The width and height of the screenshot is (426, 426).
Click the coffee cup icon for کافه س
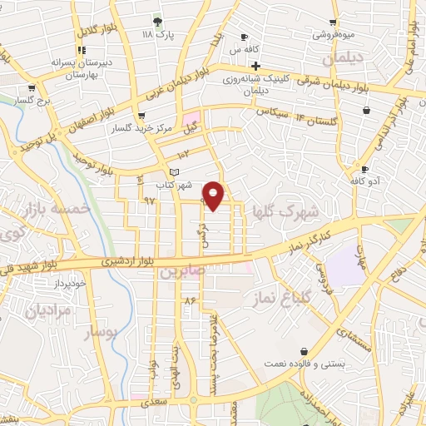tap(245, 37)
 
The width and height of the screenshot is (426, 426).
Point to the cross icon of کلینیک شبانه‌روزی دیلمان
tap(256, 66)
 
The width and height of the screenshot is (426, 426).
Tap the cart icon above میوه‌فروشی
tap(334, 22)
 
